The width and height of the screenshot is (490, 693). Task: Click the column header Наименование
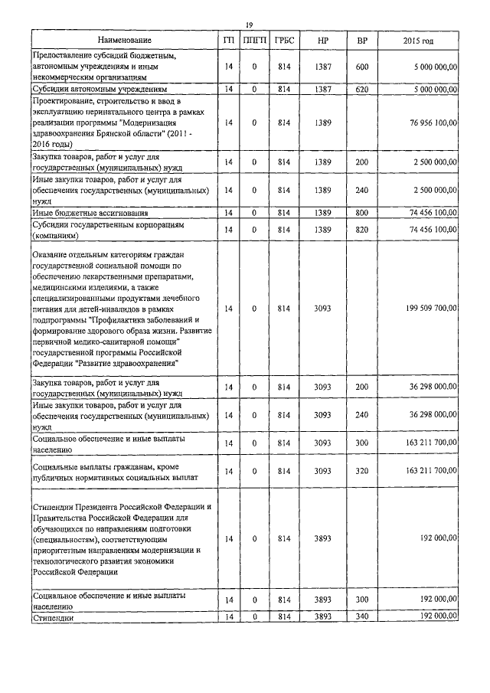click(x=125, y=40)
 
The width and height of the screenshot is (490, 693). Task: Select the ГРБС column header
click(x=284, y=40)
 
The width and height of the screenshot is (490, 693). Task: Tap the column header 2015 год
click(x=417, y=40)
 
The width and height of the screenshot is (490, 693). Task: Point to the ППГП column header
click(x=254, y=40)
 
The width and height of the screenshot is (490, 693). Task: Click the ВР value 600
click(x=362, y=67)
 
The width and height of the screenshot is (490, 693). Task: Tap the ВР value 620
click(x=362, y=90)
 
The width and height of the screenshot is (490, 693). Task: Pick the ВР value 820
click(x=362, y=230)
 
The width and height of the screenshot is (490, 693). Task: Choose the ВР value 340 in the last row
click(x=362, y=616)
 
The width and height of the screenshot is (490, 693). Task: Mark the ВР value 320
click(x=362, y=471)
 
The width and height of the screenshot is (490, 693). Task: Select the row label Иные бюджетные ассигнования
click(x=90, y=212)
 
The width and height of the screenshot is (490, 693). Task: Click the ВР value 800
click(x=362, y=212)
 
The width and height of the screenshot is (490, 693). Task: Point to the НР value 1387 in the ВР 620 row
click(x=322, y=90)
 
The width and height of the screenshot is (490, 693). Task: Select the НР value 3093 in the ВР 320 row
click(x=322, y=471)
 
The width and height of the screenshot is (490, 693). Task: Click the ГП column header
click(x=228, y=40)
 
